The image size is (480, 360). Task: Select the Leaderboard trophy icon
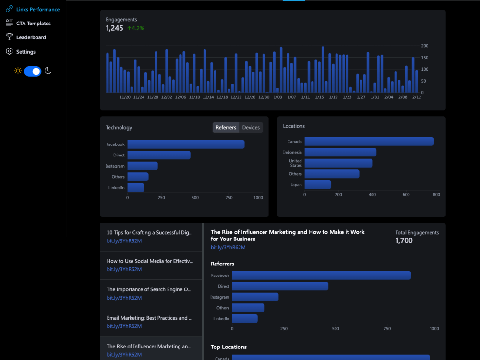click(x=9, y=37)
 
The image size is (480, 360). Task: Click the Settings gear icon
click(x=9, y=51)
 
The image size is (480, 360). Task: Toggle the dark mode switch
click(x=33, y=72)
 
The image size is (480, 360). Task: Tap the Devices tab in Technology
click(x=251, y=128)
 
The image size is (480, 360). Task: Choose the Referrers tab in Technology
click(x=226, y=128)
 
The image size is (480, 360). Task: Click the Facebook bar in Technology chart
click(x=186, y=144)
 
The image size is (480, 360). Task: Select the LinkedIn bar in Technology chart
click(x=136, y=187)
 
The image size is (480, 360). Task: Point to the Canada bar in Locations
click(x=369, y=142)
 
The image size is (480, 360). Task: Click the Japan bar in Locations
click(x=318, y=185)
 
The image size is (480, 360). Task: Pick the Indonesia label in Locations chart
click(x=292, y=152)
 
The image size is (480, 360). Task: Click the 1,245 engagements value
click(x=114, y=28)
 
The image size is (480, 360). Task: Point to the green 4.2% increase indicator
click(x=136, y=28)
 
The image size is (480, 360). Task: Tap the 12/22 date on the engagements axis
click(x=236, y=97)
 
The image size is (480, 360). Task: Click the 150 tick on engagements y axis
click(x=425, y=58)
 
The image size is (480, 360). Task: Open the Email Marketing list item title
click(x=149, y=318)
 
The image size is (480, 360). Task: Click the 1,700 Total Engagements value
click(x=404, y=240)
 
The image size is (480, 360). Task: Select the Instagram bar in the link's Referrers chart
click(x=255, y=297)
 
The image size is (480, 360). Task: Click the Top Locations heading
click(x=228, y=347)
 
